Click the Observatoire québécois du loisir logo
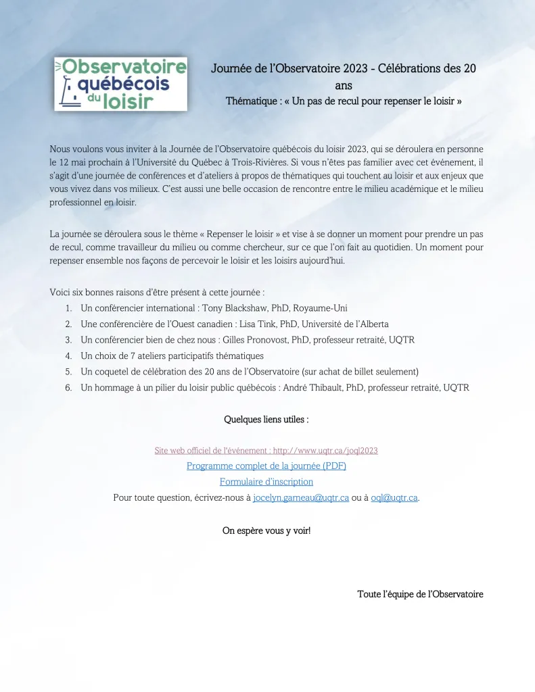pos(120,83)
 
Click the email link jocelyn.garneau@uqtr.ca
pos(301,498)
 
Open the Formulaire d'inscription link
pos(266,482)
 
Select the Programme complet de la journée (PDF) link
pos(266,466)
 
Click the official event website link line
pos(266,450)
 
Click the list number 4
pos(68,356)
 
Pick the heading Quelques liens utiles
pos(266,420)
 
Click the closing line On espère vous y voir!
pos(266,530)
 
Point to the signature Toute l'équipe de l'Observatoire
pos(420,595)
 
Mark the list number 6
pos(68,388)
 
